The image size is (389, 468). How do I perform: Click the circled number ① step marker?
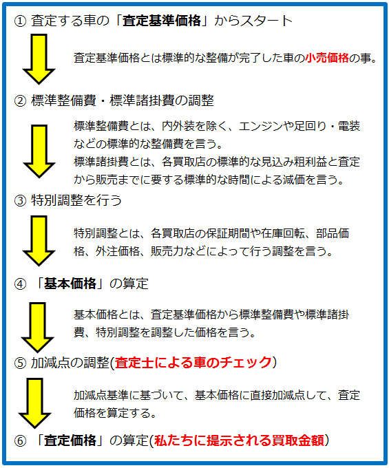click(20, 21)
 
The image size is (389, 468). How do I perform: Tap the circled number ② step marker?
click(20, 101)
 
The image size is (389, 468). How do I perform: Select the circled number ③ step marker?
click(20, 200)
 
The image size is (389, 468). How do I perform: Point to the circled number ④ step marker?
click(20, 284)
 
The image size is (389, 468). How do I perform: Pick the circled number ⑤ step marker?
click(20, 363)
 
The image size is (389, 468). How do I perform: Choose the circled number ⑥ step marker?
click(20, 441)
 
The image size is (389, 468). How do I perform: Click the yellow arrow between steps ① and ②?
click(39, 59)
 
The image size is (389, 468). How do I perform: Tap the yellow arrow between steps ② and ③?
click(39, 151)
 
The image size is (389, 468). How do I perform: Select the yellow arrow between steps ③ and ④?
click(39, 241)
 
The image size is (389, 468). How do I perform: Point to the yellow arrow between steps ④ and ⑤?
click(38, 328)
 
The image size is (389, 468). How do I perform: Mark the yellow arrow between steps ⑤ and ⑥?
click(35, 403)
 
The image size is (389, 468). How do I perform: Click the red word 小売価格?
click(327, 58)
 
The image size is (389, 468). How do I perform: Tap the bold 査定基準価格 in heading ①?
click(162, 21)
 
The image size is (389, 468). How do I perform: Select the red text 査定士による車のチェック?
click(193, 363)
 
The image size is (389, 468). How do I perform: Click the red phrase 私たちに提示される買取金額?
click(239, 440)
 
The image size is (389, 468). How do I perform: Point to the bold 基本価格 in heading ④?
click(70, 284)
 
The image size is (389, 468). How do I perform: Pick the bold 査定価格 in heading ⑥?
click(70, 440)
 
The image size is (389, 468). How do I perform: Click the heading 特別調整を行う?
click(76, 200)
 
